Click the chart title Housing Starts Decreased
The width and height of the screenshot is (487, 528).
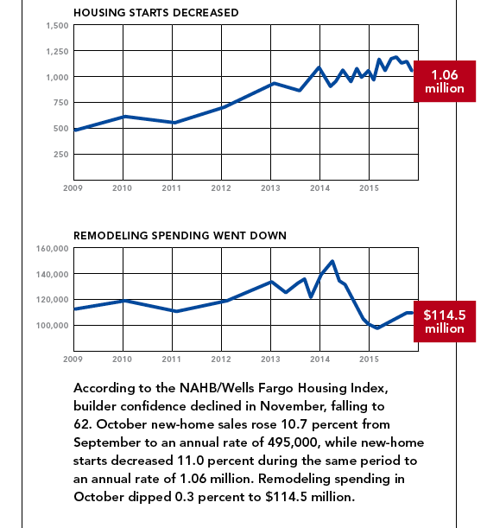[x=156, y=13]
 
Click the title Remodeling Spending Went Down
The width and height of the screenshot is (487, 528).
[x=180, y=236]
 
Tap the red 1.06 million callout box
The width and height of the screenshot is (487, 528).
[x=445, y=81]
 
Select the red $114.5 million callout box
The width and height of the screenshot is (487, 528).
[x=445, y=321]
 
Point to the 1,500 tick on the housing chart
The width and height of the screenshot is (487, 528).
[x=58, y=26]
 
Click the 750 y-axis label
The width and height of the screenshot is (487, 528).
[x=61, y=103]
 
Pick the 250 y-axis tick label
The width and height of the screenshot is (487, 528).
[x=61, y=155]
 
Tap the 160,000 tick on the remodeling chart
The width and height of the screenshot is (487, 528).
[x=53, y=249]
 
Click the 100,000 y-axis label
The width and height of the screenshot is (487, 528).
[x=53, y=326]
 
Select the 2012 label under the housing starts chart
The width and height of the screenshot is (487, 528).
[x=221, y=188]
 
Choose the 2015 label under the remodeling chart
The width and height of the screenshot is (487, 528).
[x=369, y=359]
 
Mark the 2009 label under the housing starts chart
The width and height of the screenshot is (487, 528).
[x=73, y=188]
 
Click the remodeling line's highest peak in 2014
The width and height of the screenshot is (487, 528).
[x=332, y=261]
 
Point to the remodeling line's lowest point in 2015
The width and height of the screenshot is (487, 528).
[x=377, y=328]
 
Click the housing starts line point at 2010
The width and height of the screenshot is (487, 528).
[x=123, y=117]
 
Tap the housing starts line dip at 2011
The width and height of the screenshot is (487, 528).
[x=174, y=123]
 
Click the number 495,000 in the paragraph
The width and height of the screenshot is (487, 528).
[x=293, y=442]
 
